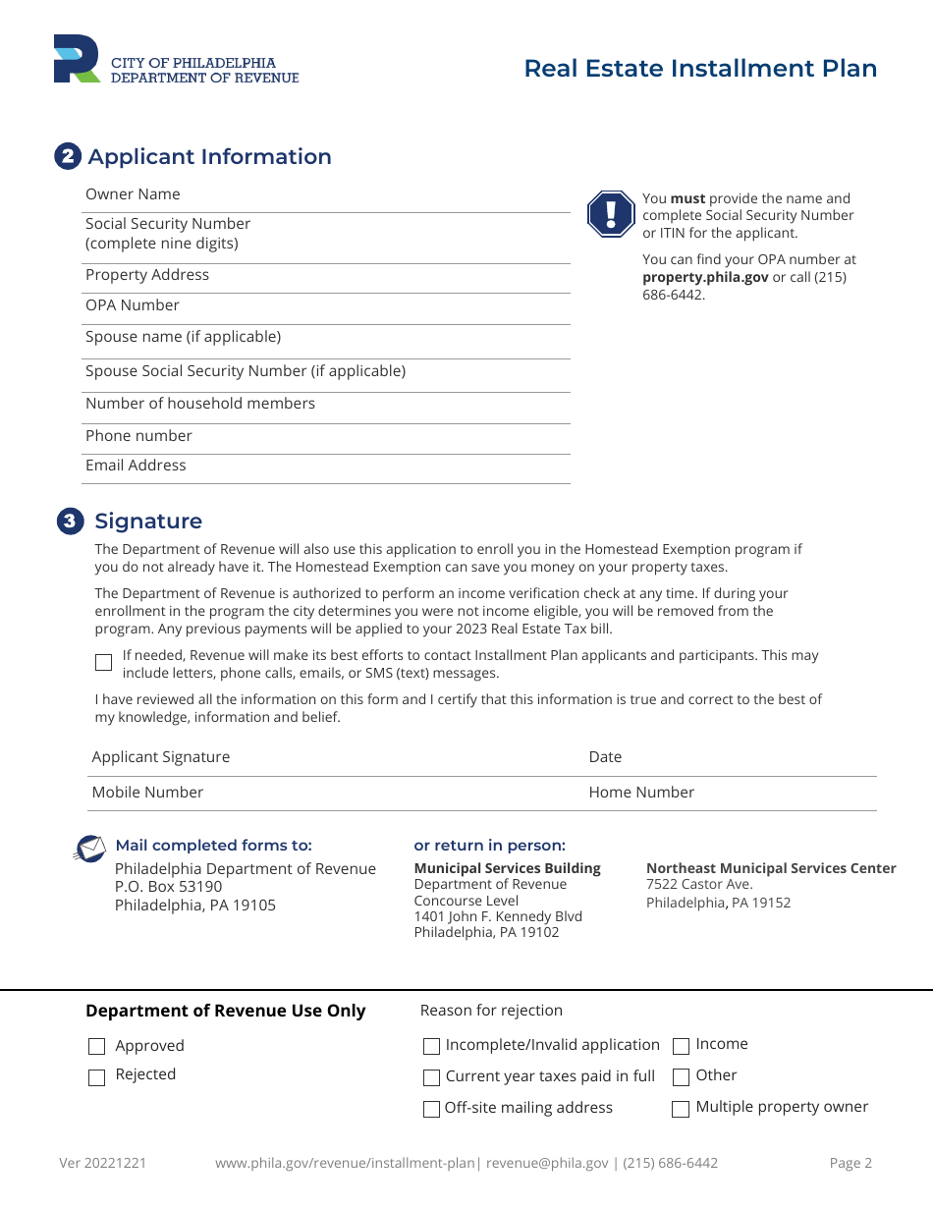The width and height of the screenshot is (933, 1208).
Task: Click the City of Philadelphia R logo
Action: [x=77, y=60]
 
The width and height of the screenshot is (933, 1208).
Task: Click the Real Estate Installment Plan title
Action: [x=700, y=68]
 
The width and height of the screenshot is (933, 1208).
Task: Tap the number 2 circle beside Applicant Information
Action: [x=68, y=156]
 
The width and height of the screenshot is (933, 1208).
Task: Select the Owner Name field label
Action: [x=133, y=194]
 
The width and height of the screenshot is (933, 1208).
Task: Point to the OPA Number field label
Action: [x=133, y=305]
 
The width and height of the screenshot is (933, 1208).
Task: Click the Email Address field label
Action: [x=136, y=466]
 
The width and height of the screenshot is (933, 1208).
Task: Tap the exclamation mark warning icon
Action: [x=611, y=214]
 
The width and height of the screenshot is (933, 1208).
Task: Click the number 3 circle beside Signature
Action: [x=70, y=522]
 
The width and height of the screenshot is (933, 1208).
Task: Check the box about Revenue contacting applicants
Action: [x=104, y=663]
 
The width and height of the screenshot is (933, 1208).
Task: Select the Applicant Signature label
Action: [x=161, y=757]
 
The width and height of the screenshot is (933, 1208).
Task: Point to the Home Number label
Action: [x=641, y=793]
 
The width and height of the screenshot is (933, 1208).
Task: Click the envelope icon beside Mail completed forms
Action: [x=90, y=848]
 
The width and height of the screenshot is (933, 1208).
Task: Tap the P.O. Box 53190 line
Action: [x=169, y=887]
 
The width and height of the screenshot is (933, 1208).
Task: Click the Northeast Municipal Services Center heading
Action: [x=771, y=868]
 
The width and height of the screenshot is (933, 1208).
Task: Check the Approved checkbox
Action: [x=96, y=1047]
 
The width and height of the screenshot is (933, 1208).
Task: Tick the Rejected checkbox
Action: [x=96, y=1077]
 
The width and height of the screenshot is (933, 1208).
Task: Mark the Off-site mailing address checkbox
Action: [x=431, y=1109]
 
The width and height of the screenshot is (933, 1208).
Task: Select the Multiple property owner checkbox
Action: [x=681, y=1109]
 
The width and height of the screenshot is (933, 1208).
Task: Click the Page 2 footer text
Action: [x=851, y=1164]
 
